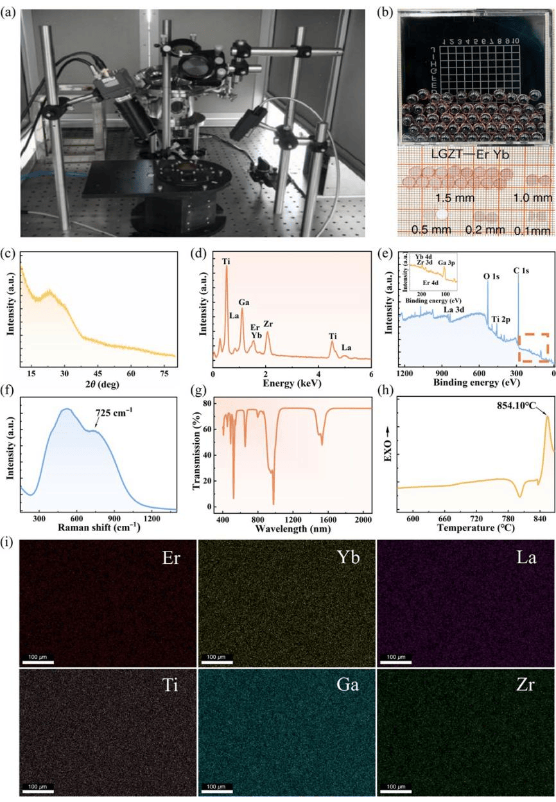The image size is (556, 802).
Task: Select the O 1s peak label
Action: pyautogui.click(x=492, y=276)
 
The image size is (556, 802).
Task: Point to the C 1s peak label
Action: pyautogui.click(x=521, y=271)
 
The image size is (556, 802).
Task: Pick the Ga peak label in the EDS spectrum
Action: pyautogui.click(x=245, y=302)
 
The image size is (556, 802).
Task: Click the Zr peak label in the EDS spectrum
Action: pyautogui.click(x=268, y=324)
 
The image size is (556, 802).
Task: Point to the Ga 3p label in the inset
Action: pyautogui.click(x=447, y=263)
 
